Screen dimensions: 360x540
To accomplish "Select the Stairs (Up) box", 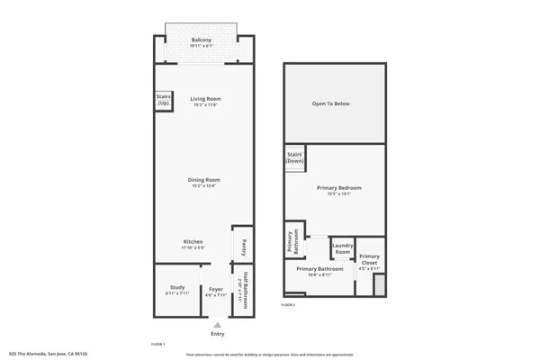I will pyautogui.click(x=164, y=101).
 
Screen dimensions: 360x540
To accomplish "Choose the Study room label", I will pyautogui.click(x=176, y=290).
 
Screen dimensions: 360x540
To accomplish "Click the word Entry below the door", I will pyautogui.click(x=217, y=334).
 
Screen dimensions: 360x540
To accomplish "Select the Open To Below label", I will pyautogui.click(x=330, y=104).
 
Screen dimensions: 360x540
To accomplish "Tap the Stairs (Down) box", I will pyautogui.click(x=294, y=158).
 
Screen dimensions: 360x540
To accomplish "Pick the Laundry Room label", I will pyautogui.click(x=342, y=248).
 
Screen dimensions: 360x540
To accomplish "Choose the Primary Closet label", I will pyautogui.click(x=370, y=261).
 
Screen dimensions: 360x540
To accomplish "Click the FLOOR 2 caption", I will pyautogui.click(x=288, y=306).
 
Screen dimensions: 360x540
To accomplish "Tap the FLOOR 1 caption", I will pyautogui.click(x=157, y=345).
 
